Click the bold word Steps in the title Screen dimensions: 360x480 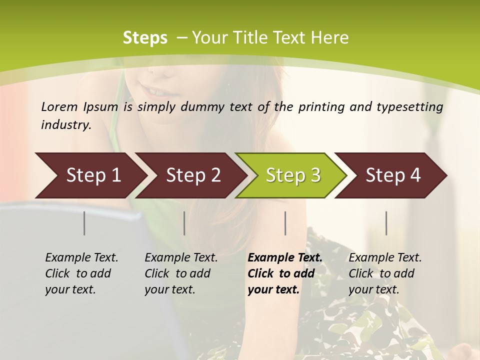point(145,38)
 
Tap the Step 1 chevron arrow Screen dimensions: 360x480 point(90,175)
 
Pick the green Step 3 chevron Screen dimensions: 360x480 point(292,175)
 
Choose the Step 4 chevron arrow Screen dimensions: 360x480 point(392,175)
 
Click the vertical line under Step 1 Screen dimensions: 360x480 point(84,223)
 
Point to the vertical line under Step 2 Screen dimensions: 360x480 point(184,223)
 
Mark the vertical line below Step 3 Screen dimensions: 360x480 point(285,223)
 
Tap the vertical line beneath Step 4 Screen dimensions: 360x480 point(386,223)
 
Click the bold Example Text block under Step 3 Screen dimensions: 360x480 point(285,273)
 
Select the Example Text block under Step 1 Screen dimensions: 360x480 point(81,273)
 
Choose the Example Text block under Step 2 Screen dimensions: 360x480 point(181,273)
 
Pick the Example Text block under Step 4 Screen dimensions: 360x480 point(385,273)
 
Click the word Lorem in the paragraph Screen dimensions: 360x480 point(59,107)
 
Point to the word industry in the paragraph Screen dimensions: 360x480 point(66,125)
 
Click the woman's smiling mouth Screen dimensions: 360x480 point(158,91)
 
